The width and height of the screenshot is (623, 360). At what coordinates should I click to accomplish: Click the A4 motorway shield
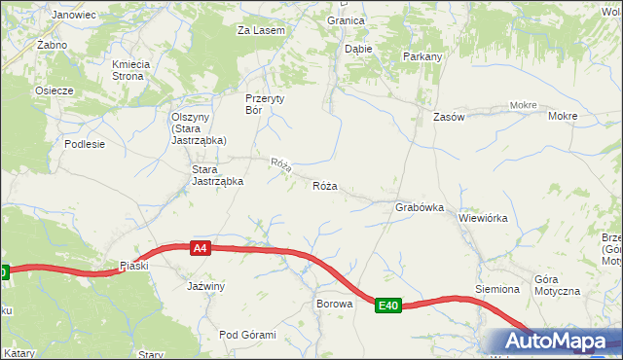click(200, 248)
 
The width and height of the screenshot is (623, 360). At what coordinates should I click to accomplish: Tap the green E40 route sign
click(388, 306)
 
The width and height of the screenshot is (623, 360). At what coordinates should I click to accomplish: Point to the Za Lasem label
click(261, 30)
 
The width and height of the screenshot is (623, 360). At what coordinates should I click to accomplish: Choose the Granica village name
click(346, 19)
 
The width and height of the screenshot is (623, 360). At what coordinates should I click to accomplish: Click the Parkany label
click(422, 56)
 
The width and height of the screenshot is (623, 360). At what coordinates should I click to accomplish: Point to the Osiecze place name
click(55, 90)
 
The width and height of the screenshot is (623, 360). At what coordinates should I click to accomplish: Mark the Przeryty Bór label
click(267, 103)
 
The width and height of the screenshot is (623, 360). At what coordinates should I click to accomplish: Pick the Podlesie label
click(85, 143)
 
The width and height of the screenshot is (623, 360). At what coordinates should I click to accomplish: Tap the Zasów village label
click(450, 117)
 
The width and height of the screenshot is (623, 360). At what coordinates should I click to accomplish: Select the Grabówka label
click(420, 207)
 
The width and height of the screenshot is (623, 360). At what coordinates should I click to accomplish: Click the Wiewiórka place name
click(483, 218)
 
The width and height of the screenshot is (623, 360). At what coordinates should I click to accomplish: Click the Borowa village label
click(333, 304)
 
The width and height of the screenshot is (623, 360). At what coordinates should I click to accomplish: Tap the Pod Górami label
click(247, 335)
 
